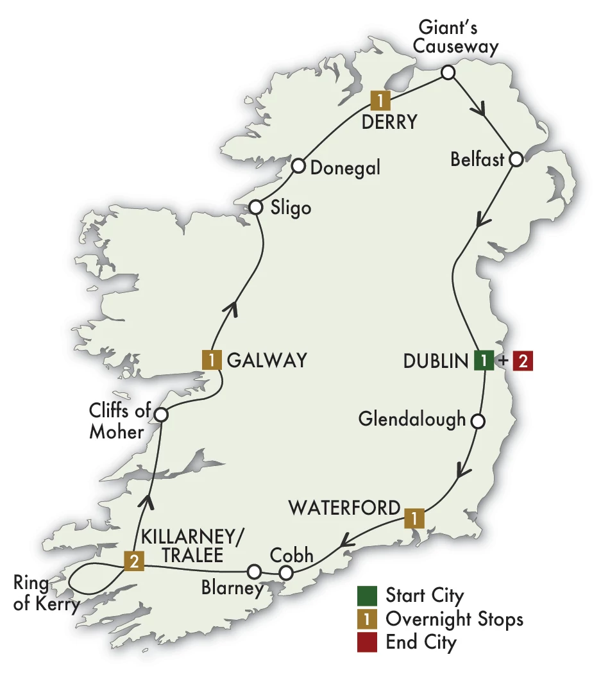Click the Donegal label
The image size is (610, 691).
pos(345,167)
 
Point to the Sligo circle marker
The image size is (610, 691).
pos(255,208)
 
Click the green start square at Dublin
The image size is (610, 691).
pos(484,361)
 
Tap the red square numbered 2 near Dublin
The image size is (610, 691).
pos(523,361)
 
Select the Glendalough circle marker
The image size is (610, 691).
pos(477,421)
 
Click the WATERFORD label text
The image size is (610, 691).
pos(344,508)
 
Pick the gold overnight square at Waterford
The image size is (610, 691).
pos(414,517)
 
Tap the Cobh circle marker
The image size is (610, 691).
pos(285,571)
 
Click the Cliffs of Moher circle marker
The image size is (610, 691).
pos(161,415)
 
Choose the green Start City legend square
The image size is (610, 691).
pos(367,595)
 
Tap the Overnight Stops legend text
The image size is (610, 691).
pos(454,619)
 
